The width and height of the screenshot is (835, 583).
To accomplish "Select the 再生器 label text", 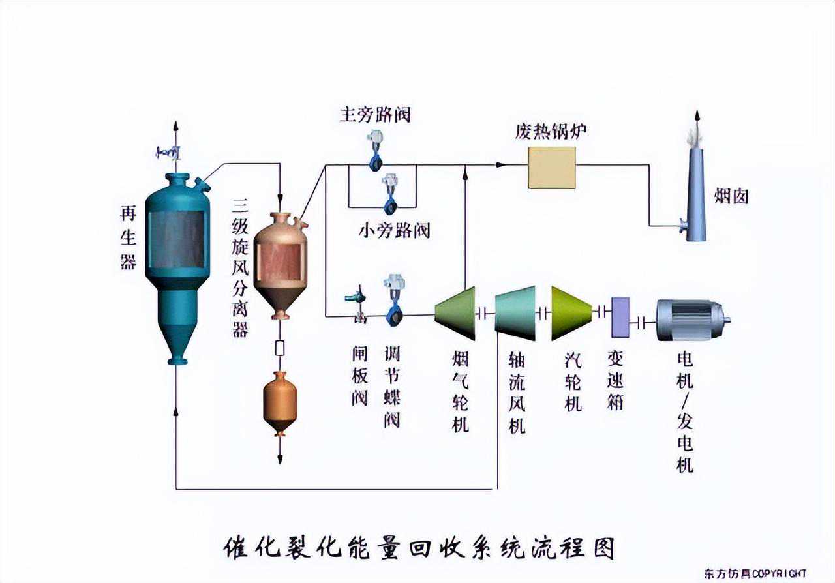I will click(128, 237).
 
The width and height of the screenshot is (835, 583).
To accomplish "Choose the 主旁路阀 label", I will click(375, 115).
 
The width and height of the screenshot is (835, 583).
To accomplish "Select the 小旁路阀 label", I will click(395, 230).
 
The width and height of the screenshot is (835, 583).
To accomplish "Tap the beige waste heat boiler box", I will click(552, 168).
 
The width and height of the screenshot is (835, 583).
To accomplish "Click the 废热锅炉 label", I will click(551, 131).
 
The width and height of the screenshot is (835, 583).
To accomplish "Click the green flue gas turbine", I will click(456, 314).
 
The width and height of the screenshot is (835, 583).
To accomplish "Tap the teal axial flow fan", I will click(515, 314).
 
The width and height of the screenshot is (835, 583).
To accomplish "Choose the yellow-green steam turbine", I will click(571, 314).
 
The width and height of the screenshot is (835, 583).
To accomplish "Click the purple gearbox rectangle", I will click(620, 317).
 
